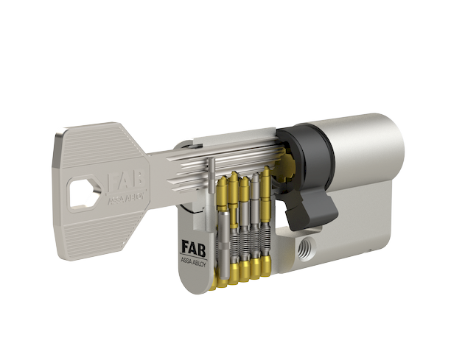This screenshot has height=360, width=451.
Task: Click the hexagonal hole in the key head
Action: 83,192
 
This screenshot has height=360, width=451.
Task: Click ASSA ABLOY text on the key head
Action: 125,199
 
